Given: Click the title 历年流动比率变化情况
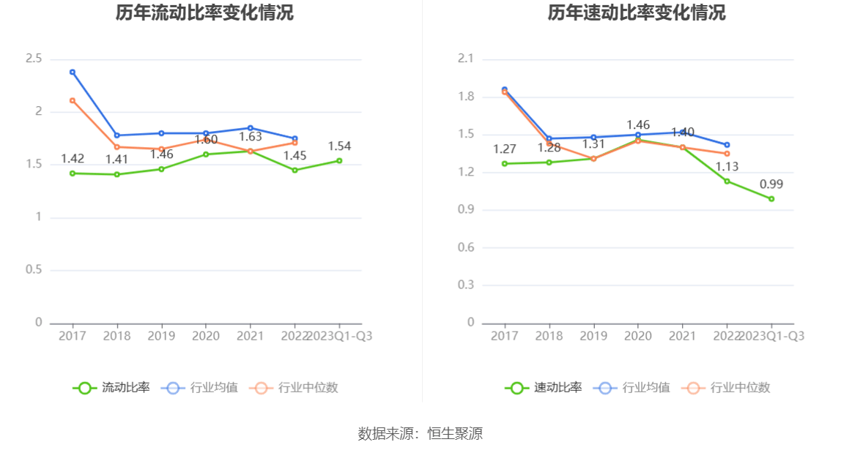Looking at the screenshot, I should pos(204,13).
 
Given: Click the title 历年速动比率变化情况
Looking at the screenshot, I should pos(637,13).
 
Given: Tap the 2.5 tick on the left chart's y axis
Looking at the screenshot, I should pos(34,59).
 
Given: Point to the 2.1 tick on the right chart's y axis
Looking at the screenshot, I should pos(466,59).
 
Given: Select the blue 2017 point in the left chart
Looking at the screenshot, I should pos(73,72).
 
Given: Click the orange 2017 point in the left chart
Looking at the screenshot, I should pos(73,100).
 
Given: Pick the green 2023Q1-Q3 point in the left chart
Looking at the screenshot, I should pos(339,160).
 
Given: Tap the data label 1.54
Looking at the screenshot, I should pos(339,146).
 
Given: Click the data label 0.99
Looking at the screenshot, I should pos(771,184).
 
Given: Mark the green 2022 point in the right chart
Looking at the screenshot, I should pos(727,181).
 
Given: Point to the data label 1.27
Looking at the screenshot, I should pos(505,149).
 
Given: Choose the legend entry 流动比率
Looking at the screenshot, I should pos(111,388).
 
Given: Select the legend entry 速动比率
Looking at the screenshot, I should pos(544,388).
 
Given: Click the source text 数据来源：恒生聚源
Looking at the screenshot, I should pos(420,433).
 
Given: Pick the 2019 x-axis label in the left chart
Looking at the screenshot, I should pos(161,336).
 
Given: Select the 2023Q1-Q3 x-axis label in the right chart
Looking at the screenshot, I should pos(771,336).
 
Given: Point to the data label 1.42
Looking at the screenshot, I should pos(73,159).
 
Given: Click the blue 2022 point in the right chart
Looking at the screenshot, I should pos(727,145).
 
